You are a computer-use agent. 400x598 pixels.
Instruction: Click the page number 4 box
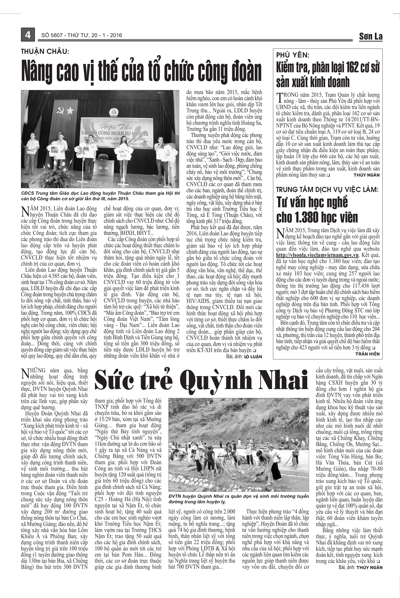click(x=27, y=35)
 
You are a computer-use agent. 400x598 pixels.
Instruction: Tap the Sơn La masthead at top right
click(x=371, y=37)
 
